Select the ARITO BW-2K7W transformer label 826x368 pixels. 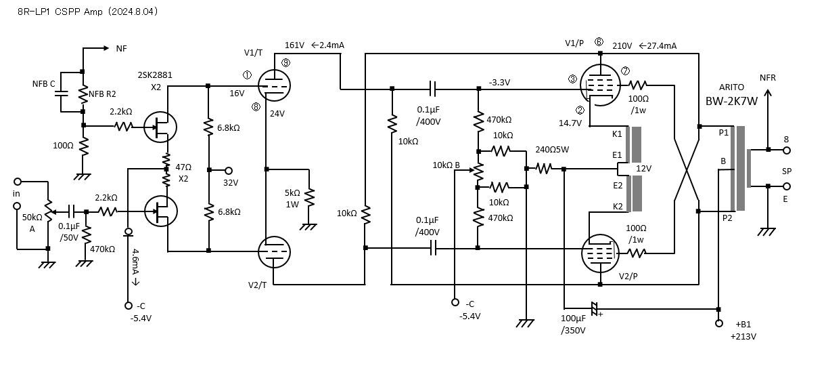coord(735,96)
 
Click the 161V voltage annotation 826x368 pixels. coord(294,45)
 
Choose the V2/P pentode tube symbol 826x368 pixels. coord(599,251)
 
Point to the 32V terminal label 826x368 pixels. coord(231,182)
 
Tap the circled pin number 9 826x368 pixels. coord(285,62)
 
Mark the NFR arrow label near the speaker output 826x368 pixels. coord(768,78)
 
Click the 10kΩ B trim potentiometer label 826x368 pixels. coord(446,165)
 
